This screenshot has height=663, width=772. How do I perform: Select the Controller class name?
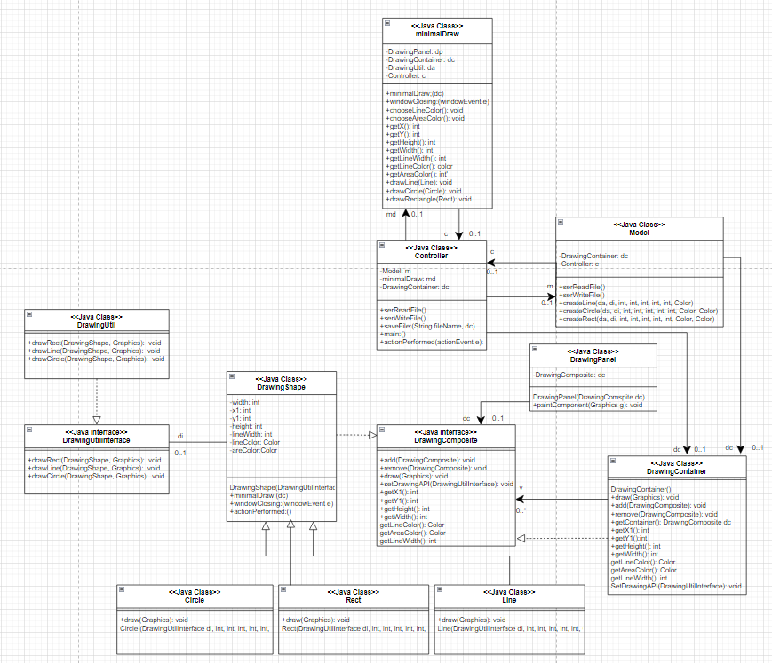(431, 256)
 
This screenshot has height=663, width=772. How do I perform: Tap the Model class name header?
(638, 233)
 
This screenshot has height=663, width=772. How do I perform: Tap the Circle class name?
(194, 600)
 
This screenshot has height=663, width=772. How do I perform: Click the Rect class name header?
(353, 600)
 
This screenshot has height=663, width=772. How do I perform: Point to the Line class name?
(508, 600)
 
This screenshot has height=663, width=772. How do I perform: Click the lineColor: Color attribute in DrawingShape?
(257, 442)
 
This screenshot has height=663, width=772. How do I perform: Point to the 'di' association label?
(180, 436)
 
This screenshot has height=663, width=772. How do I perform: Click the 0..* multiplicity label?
(522, 510)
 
